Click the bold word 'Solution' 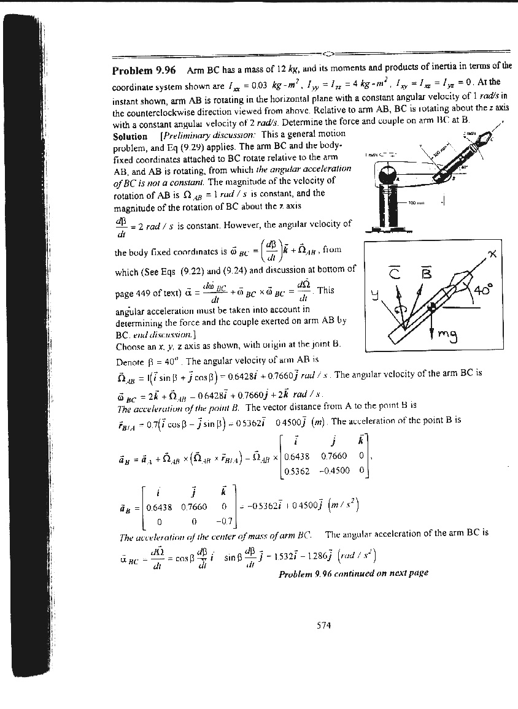(x=130, y=136)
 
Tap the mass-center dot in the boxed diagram (x=433, y=307)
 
